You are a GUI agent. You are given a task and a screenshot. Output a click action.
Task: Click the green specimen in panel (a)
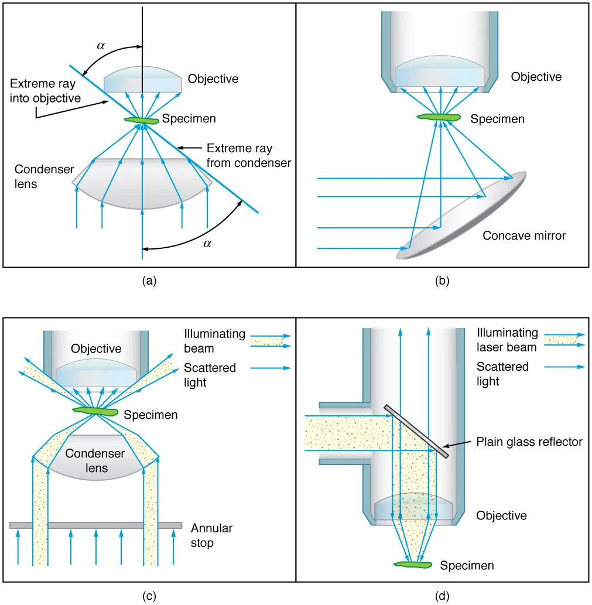coord(141,121)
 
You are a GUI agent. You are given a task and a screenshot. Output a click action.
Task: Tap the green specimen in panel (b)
coord(439,118)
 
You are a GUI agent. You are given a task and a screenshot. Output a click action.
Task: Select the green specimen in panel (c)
coord(95,411)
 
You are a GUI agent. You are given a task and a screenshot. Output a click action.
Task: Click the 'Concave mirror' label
coord(524,235)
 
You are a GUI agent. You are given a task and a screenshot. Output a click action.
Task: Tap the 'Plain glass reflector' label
coord(529,442)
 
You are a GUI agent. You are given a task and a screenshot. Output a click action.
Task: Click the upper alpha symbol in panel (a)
coord(101,44)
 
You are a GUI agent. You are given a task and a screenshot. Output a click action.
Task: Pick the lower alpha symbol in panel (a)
coord(207,244)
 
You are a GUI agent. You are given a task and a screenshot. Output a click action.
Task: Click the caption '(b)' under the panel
coord(442,281)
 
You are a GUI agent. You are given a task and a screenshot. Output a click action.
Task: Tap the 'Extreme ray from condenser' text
coord(248,156)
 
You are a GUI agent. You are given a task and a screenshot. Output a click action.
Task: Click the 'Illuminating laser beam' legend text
coord(507,340)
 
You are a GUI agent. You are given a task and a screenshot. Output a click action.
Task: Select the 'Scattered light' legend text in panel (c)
coord(210,374)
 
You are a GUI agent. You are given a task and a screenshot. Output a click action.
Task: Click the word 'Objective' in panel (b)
coord(536,77)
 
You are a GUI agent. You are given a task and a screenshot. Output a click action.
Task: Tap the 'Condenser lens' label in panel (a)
coord(45,176)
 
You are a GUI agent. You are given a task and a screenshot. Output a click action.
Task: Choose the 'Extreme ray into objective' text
coord(46,90)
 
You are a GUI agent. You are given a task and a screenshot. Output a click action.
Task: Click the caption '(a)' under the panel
coord(149,281)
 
